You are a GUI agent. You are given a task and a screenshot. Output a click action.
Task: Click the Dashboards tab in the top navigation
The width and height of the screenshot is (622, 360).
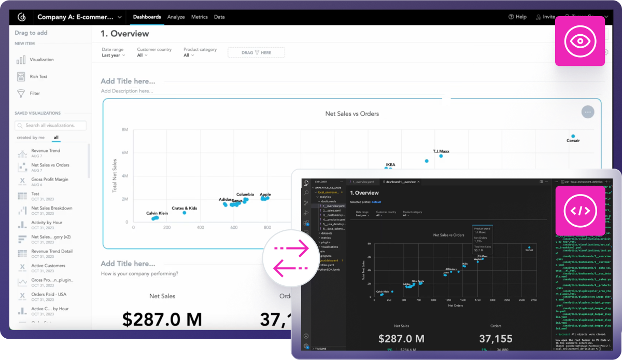[147, 17]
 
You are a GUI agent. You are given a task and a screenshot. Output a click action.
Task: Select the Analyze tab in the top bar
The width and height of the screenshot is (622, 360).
[176, 17]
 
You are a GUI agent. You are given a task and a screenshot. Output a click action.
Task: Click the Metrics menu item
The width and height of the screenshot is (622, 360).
[199, 17]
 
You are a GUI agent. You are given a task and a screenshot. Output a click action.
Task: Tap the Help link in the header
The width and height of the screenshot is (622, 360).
[517, 17]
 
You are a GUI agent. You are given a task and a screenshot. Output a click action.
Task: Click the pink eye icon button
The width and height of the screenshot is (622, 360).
[580, 41]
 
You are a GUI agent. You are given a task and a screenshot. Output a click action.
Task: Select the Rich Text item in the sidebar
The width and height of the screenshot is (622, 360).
[38, 77]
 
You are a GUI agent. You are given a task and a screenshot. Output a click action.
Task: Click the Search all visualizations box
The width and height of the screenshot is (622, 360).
[51, 126]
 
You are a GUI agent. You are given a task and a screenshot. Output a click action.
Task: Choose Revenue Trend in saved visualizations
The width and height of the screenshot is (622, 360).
[46, 151]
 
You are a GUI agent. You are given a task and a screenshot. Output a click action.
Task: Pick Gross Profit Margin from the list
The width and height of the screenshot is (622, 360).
[50, 179]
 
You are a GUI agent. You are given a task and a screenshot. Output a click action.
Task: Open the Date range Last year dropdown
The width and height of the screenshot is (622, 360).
[113, 55]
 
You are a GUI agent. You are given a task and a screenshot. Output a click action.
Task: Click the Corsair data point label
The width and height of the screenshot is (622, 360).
[573, 141]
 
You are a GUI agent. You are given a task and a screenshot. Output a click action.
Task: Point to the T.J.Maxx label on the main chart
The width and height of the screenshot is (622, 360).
[441, 151]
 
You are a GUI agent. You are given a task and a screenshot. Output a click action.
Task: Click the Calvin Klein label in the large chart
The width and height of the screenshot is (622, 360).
[157, 213]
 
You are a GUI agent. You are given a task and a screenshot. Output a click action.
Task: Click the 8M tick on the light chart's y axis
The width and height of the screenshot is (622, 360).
[125, 130]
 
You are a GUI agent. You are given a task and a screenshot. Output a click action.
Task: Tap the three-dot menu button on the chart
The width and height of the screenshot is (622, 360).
[587, 112]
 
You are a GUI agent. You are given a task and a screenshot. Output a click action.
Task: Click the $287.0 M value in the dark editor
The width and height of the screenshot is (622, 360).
[401, 339]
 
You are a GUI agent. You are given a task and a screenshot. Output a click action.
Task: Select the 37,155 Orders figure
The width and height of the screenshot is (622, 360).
[496, 339]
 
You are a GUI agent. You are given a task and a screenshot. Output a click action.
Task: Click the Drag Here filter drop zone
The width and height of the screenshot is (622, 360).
[256, 52]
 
